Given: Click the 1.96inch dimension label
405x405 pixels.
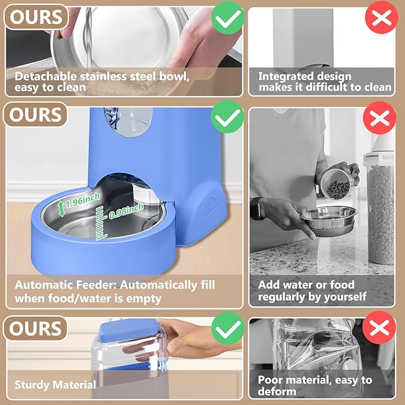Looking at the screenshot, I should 82,202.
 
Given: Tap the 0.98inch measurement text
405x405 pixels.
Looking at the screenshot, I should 126,210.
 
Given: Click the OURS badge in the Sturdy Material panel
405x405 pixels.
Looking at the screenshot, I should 35,329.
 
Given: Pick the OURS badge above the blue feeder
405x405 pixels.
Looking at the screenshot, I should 35,114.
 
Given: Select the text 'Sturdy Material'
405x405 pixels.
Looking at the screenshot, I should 55,384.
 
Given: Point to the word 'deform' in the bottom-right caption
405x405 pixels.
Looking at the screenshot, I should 277,391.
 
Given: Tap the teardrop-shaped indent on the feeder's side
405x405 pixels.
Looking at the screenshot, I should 209,206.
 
